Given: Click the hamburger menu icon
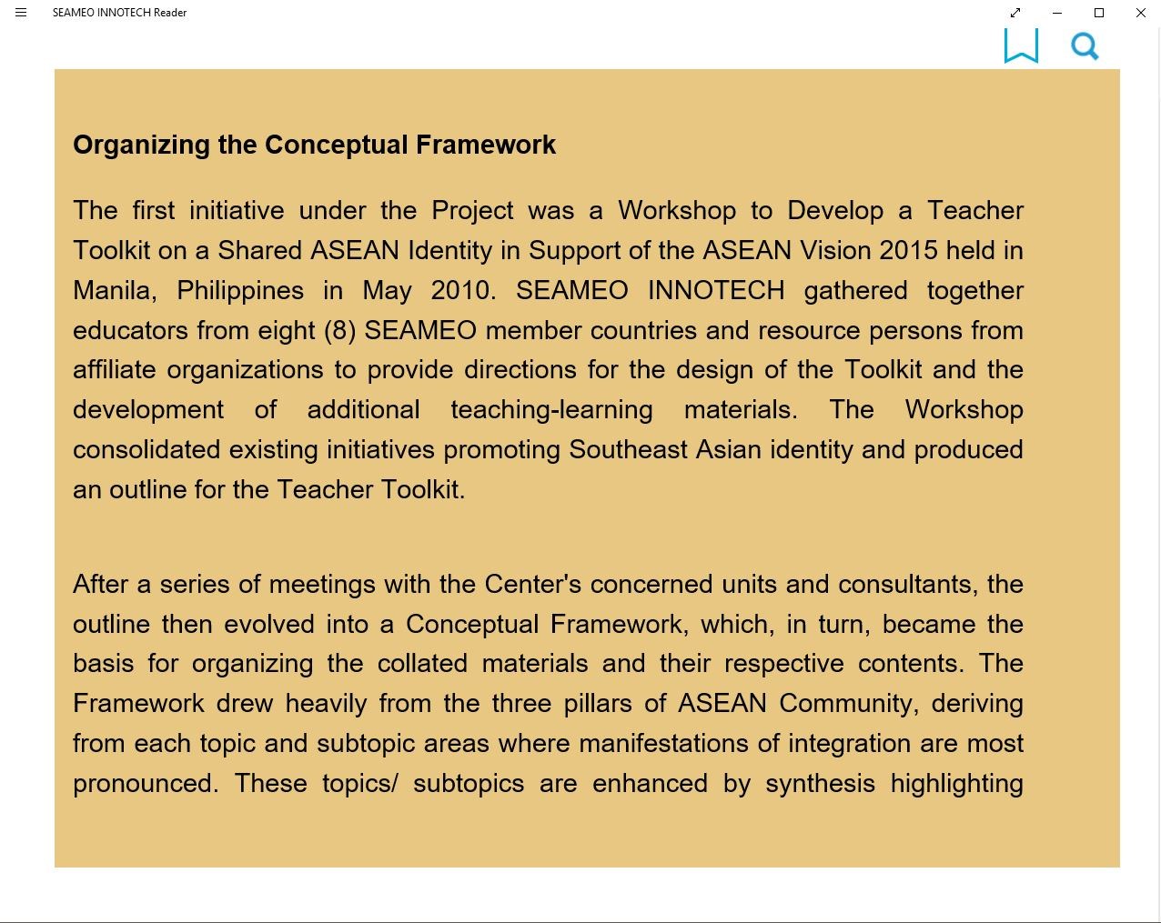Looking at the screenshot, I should (21, 13).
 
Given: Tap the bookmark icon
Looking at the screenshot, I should (1021, 45).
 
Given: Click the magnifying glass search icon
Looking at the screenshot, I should (1085, 46).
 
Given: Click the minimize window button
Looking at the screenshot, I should (1057, 13).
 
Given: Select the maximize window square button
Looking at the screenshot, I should (1099, 13).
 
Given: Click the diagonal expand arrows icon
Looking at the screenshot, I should (1015, 13).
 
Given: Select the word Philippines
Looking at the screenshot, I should (240, 291).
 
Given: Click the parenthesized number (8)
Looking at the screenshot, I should (340, 330).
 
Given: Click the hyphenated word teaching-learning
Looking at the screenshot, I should (551, 410).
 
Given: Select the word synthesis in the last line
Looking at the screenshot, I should (820, 784).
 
